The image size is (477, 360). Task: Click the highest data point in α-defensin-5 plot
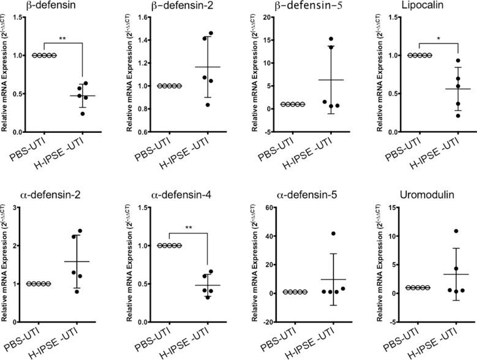[334, 234]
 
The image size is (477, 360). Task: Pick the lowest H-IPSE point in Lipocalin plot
[441, 115]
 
